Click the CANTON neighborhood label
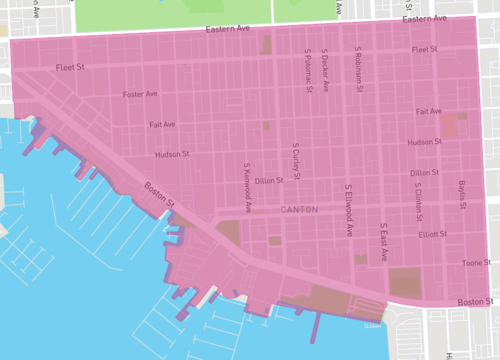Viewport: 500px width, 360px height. point(299,210)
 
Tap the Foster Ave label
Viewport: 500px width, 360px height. point(140,94)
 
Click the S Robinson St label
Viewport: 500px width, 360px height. point(357,67)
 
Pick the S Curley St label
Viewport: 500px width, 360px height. point(296,156)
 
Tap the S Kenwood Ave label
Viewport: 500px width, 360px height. point(246,180)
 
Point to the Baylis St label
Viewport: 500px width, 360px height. point(462,195)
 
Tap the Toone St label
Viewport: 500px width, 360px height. point(472,263)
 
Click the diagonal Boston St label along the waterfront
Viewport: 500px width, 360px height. point(159,194)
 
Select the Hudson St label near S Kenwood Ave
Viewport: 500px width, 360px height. point(171,155)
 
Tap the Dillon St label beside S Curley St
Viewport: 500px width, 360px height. point(269,181)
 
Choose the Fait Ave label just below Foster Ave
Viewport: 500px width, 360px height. point(161,125)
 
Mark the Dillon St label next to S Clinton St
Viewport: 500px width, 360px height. point(424,173)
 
